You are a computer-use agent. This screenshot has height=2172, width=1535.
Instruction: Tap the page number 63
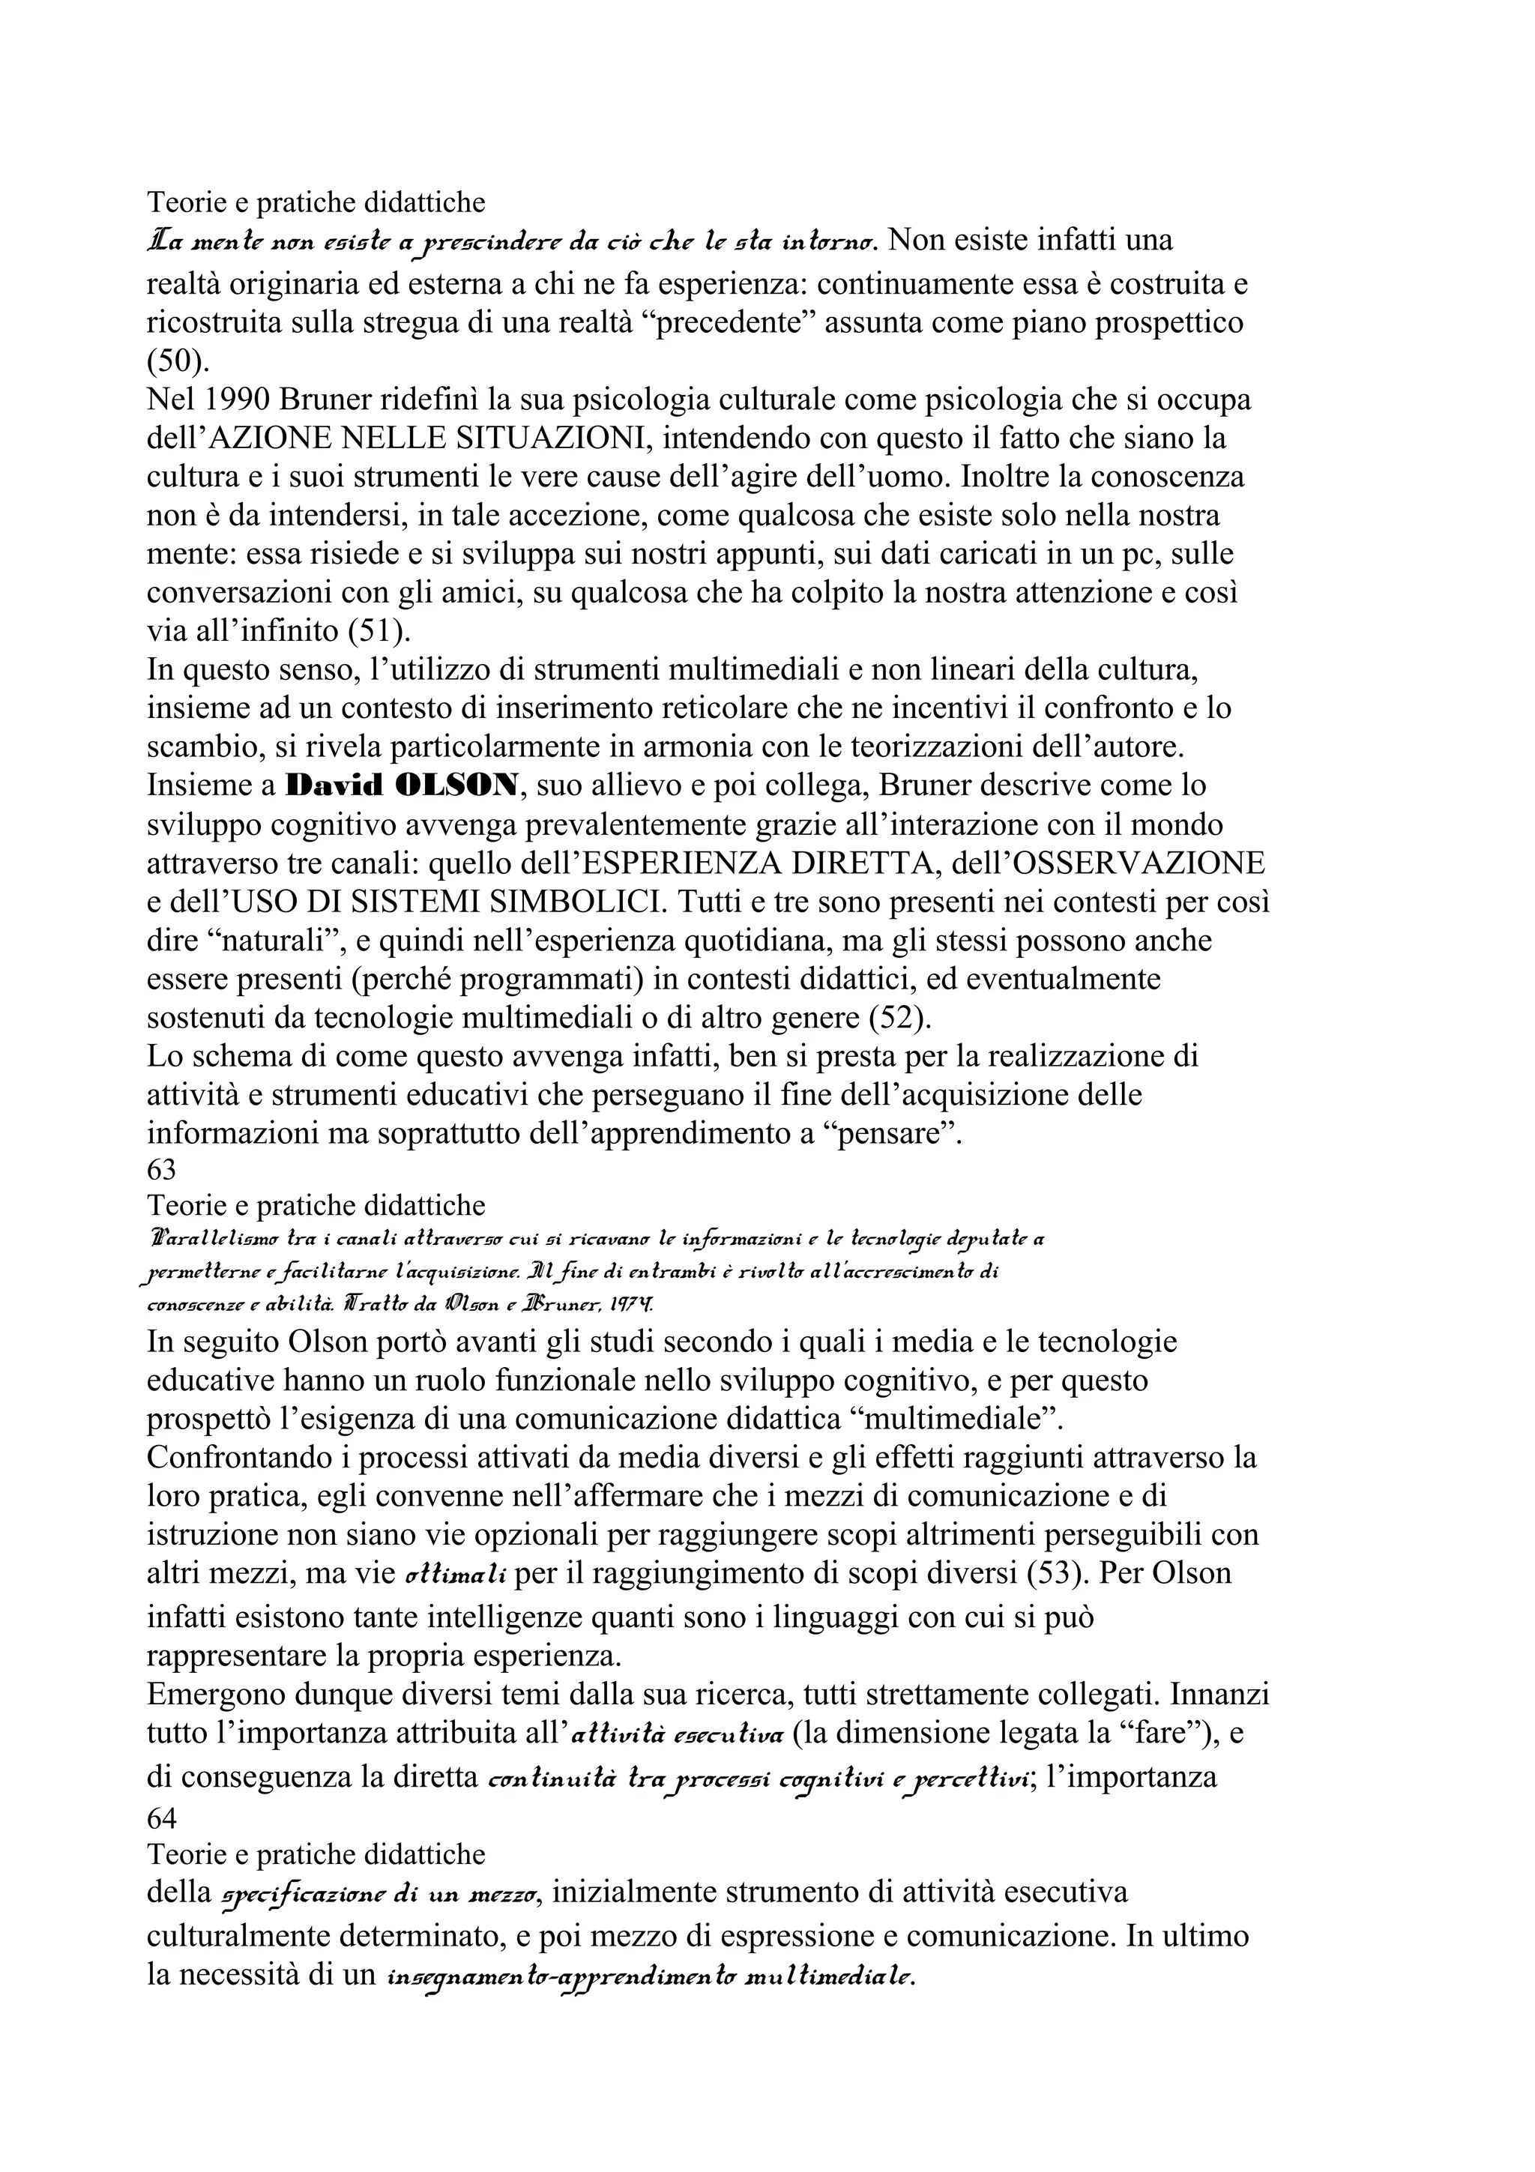(x=162, y=1170)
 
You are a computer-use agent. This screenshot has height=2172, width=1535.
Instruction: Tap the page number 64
(x=162, y=1817)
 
